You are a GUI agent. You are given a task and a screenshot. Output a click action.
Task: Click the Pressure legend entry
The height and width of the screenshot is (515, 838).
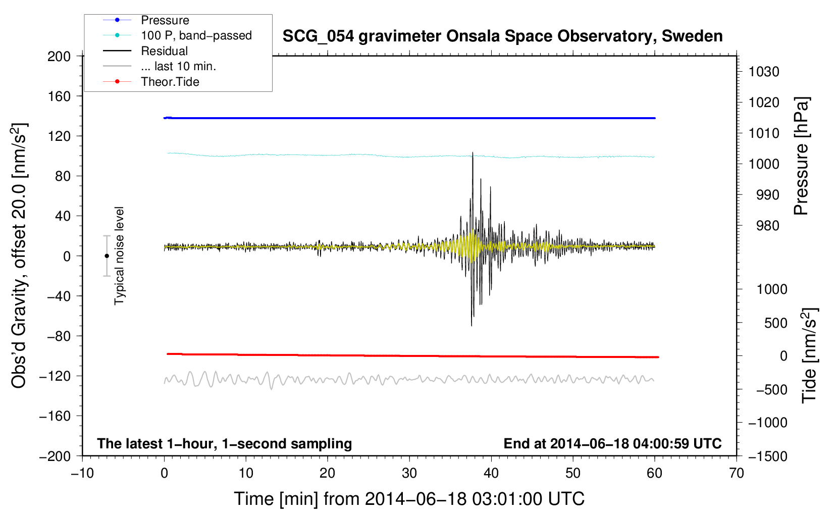(165, 20)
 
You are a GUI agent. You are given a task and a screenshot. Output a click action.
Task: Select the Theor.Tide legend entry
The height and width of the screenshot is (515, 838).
(170, 82)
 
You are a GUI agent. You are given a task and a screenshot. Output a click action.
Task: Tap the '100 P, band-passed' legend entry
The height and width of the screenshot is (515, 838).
(196, 35)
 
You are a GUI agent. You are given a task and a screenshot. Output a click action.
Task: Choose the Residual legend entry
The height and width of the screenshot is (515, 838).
(164, 51)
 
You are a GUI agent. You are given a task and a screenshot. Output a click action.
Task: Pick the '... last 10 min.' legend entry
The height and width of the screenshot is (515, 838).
(178, 66)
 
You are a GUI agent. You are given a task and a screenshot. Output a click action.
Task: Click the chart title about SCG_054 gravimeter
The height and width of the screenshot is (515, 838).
(502, 36)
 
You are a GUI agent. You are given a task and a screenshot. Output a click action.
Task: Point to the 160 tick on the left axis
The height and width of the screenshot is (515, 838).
(59, 96)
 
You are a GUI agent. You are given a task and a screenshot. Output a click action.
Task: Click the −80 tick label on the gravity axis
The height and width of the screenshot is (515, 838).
(56, 336)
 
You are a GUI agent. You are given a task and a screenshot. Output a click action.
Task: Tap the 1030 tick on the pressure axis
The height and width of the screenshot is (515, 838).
(763, 72)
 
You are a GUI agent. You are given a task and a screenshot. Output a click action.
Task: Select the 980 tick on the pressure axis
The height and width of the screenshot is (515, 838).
(763, 226)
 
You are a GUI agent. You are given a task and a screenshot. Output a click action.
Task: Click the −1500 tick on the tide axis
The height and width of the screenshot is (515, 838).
(767, 456)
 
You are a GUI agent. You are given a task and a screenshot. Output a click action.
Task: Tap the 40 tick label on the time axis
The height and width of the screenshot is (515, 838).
(491, 473)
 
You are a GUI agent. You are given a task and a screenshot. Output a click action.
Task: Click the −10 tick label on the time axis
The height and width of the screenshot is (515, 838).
(82, 473)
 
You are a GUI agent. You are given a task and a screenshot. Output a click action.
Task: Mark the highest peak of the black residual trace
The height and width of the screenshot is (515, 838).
(473, 152)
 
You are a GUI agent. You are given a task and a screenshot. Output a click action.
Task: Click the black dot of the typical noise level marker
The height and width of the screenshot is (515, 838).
(107, 256)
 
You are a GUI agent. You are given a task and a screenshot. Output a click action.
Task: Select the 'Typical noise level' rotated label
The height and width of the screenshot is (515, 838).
(119, 255)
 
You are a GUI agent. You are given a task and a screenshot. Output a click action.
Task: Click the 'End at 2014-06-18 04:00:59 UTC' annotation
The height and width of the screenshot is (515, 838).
(612, 444)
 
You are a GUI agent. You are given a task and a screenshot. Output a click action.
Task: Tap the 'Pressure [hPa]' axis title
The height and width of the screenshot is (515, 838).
(801, 156)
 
